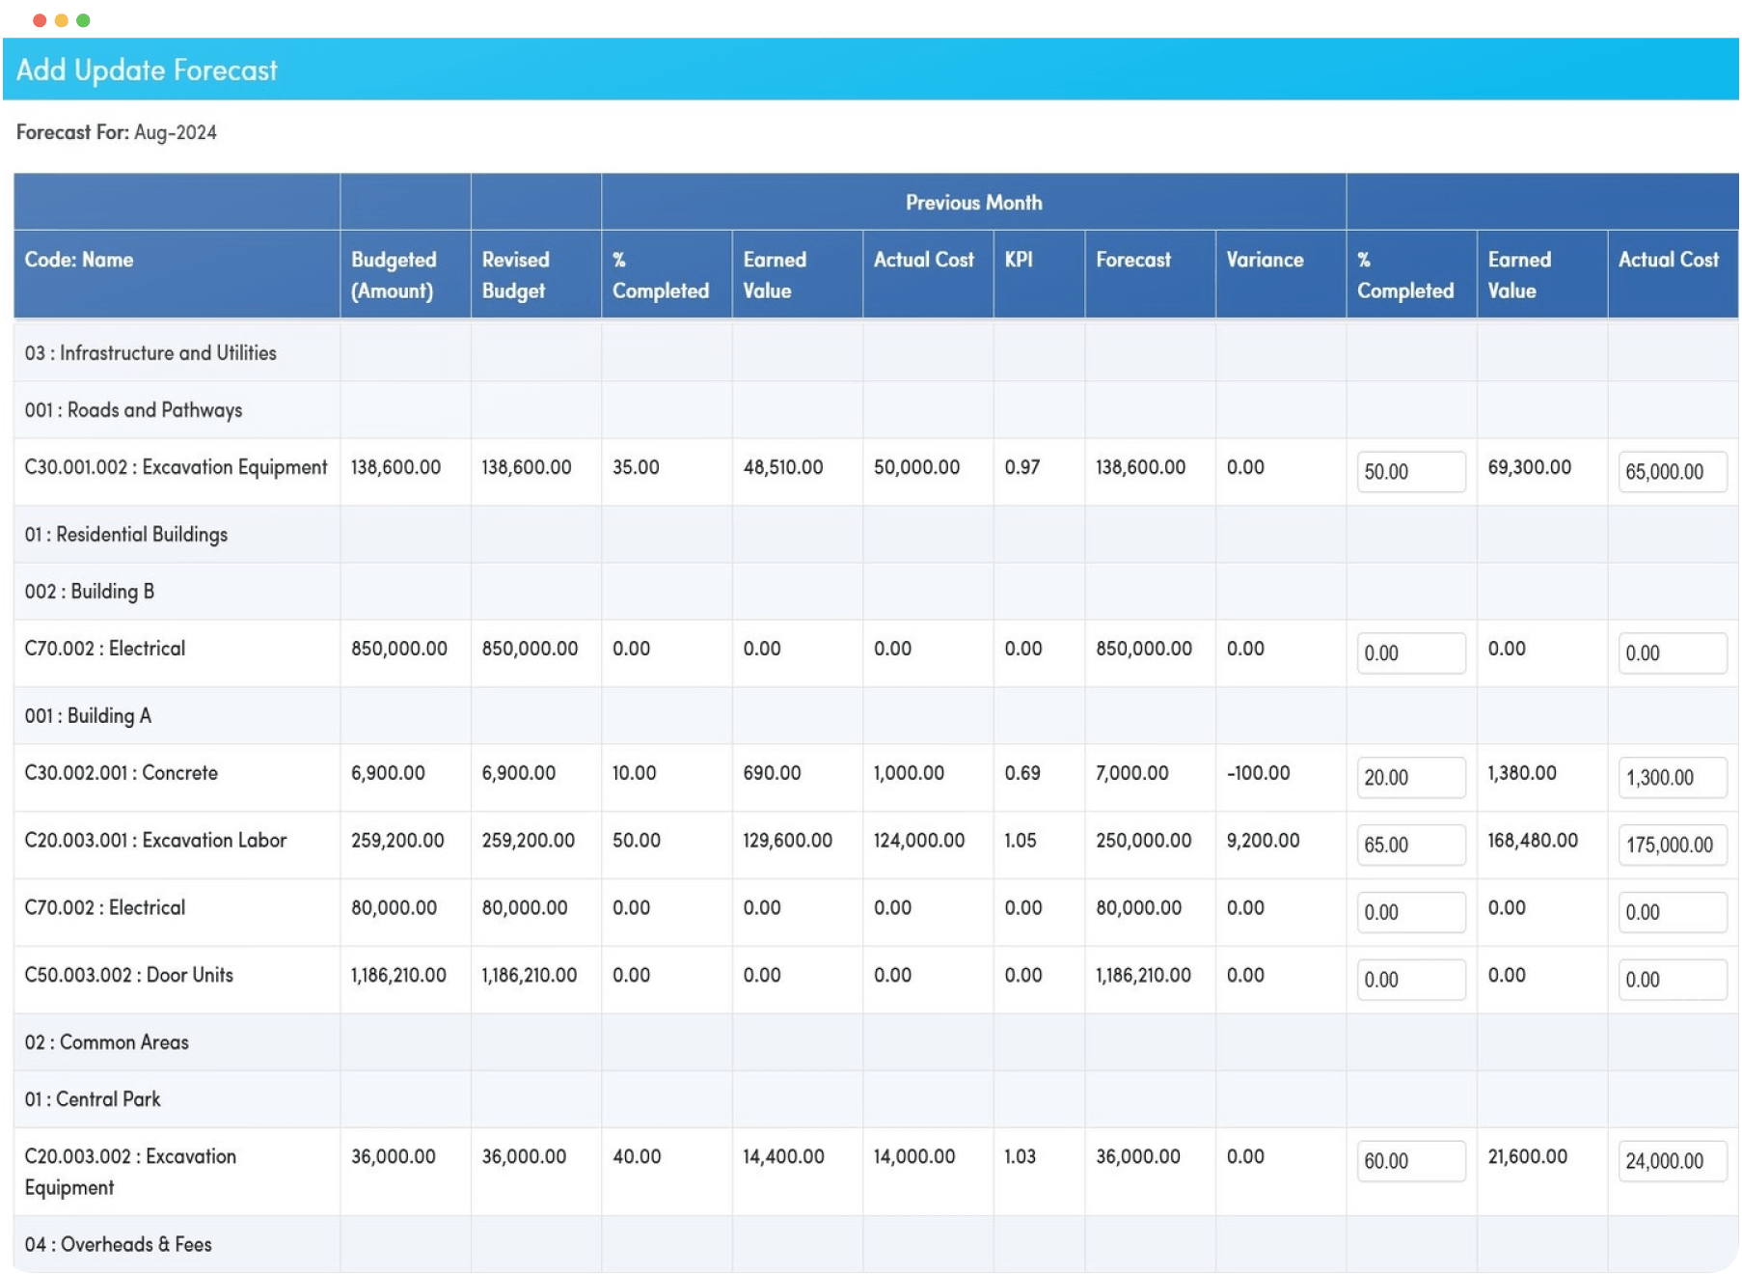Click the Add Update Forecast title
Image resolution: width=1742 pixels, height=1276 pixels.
click(147, 70)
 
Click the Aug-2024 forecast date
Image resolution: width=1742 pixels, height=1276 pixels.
click(175, 132)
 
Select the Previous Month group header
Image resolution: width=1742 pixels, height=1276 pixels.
click(972, 203)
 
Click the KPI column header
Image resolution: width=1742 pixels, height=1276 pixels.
click(1019, 260)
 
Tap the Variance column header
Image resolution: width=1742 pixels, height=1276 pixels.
click(1264, 260)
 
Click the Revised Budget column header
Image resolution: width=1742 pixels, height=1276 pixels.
click(515, 275)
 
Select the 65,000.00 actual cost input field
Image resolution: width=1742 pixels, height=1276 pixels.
click(1672, 472)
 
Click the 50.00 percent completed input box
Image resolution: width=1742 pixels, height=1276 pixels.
click(1409, 472)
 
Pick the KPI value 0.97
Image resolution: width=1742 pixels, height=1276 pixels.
click(1021, 467)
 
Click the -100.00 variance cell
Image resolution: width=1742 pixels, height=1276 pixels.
click(1258, 773)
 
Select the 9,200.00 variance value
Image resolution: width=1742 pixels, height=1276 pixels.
click(1263, 841)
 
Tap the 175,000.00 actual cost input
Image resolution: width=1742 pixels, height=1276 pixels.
click(1672, 845)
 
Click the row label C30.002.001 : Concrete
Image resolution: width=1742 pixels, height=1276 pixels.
click(122, 773)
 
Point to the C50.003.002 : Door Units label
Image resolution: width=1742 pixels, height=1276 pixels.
click(129, 975)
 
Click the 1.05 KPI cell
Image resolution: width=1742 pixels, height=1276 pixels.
click(1020, 841)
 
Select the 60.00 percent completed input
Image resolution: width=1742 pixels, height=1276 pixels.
click(1409, 1161)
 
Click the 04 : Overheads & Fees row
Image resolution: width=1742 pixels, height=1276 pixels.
click(119, 1244)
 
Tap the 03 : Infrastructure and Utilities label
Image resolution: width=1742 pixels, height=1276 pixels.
click(150, 353)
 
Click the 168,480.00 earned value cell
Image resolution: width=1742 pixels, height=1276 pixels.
click(1532, 841)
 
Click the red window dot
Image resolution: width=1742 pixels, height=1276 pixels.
click(40, 20)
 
